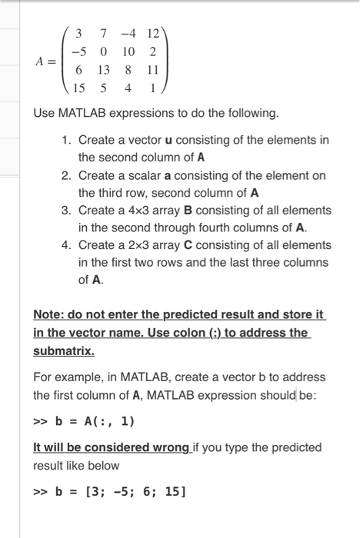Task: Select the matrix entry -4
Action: point(126,34)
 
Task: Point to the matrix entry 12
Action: point(152,34)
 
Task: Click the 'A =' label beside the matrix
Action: point(45,61)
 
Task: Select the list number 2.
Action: point(67,175)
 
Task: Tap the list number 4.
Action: point(67,245)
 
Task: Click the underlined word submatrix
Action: point(64,350)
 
